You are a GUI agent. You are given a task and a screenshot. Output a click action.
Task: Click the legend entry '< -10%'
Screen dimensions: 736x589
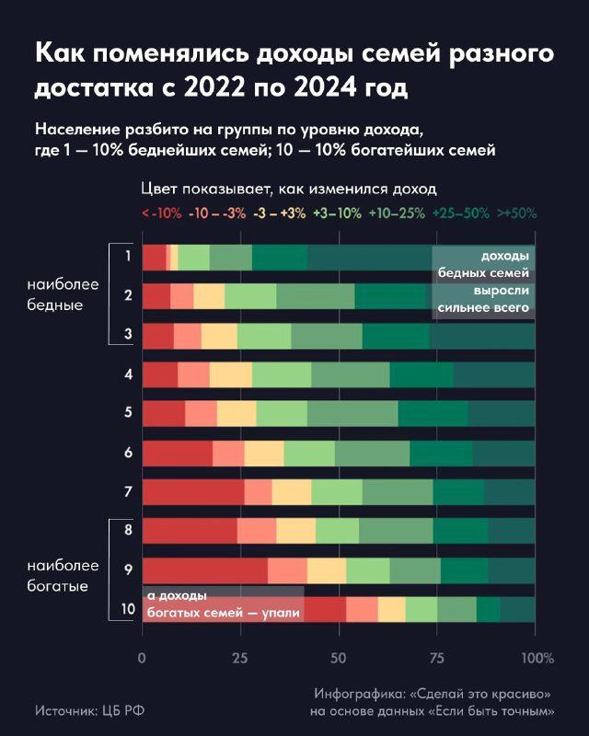(x=161, y=213)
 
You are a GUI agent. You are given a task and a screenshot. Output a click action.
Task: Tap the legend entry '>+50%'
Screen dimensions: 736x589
(x=516, y=213)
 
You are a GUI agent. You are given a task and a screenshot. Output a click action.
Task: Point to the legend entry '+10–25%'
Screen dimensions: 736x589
(x=397, y=213)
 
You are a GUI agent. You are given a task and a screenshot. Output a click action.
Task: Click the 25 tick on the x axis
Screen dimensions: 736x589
(x=241, y=659)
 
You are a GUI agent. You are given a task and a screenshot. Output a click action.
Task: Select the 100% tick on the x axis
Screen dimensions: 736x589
(x=537, y=659)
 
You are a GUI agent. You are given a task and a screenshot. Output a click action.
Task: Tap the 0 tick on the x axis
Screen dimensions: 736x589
(x=143, y=659)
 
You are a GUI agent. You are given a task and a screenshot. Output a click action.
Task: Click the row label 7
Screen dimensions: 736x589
(x=128, y=492)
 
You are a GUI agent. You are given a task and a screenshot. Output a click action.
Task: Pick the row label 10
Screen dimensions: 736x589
(x=128, y=609)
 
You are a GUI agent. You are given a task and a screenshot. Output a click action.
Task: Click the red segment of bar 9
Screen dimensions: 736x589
(x=205, y=570)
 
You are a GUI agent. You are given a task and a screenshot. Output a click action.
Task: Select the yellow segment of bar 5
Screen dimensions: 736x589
(x=237, y=414)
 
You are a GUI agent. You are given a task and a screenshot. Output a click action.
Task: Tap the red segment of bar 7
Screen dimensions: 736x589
(x=193, y=492)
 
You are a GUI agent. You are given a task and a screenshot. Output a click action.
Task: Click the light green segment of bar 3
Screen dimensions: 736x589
(x=264, y=337)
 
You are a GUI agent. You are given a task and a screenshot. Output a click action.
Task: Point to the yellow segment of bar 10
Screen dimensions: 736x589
(x=391, y=609)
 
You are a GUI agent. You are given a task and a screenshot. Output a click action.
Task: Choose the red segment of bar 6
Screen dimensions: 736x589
(x=177, y=454)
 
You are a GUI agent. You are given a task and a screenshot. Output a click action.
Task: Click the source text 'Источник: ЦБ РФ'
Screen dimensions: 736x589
(x=89, y=710)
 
